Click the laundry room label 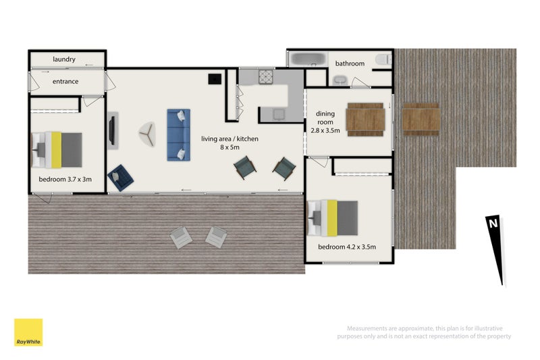coord(64,59)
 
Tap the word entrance coord(65,82)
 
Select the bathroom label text coord(350,63)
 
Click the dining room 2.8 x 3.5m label coord(325,122)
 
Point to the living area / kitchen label coord(230,143)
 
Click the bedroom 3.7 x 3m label coord(65,179)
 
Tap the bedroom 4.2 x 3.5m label coord(347,247)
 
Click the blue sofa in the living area coord(178,135)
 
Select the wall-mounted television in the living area coord(112,130)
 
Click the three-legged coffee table coord(148,134)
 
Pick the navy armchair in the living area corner coord(121,178)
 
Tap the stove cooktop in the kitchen coord(266,76)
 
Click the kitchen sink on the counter coord(279,114)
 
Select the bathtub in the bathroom coord(307,59)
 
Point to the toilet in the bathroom coord(383,59)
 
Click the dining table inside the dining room coord(365,120)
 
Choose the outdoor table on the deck coord(421,120)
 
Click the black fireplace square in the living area coord(215,79)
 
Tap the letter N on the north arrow coord(493,224)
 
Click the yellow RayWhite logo coord(28,332)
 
